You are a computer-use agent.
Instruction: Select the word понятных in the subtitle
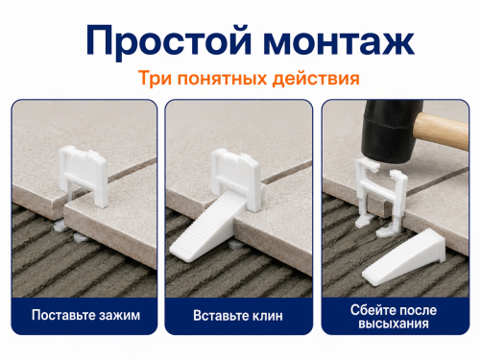pos(222,79)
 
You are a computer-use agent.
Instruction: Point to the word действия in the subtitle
pos(316,79)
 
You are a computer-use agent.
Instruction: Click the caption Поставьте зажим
pos(85,315)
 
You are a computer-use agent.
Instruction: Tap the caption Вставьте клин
pos(238,316)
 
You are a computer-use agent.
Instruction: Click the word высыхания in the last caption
pos(394,324)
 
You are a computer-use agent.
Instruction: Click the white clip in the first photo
pos(83,175)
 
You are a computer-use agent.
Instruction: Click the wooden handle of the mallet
pos(442,132)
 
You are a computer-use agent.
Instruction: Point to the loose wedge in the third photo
pos(404,257)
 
